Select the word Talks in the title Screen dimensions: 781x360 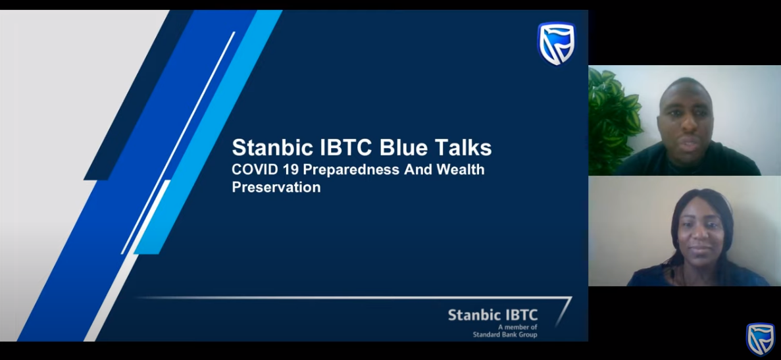coord(463,147)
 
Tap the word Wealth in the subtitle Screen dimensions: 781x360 coord(460,169)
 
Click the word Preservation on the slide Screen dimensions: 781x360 coord(276,187)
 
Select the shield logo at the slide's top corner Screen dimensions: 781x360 coord(557,44)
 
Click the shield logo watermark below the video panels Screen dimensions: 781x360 coord(760,339)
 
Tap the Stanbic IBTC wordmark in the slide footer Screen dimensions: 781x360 coord(493,315)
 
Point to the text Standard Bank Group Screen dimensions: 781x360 coord(505,334)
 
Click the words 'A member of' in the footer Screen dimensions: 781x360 coord(518,327)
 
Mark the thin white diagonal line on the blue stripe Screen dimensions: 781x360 coord(178,143)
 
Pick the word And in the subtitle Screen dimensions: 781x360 coord(417,169)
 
